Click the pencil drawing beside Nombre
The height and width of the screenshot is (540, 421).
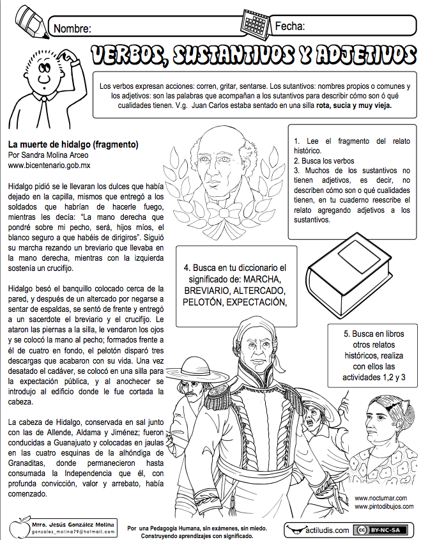pos(27,19)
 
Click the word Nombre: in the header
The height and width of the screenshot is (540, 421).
pos(72,29)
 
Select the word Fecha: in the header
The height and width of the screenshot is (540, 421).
pos(289,26)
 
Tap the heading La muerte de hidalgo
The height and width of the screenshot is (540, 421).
pos(70,145)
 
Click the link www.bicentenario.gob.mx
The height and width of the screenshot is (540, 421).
pos(49,165)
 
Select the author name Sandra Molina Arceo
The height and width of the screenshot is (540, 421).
pos(57,155)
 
